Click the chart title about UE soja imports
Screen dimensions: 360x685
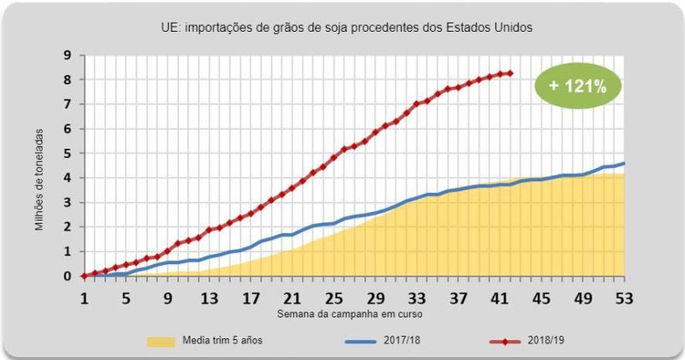coord(347,28)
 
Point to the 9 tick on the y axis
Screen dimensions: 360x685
coord(68,56)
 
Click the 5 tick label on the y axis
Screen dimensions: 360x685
coord(68,154)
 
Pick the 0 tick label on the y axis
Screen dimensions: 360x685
coord(68,276)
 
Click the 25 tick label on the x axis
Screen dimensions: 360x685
coord(333,298)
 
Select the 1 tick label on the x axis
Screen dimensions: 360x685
coord(84,298)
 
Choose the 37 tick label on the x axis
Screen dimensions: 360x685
coord(458,298)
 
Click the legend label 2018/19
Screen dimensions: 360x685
coord(547,341)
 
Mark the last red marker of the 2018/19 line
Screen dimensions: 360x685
coord(510,74)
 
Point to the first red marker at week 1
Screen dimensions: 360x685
coord(84,276)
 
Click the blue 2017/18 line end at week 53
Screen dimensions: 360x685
coord(624,164)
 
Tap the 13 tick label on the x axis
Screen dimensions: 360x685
coord(209,298)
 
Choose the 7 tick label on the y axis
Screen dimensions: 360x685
coord(68,104)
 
